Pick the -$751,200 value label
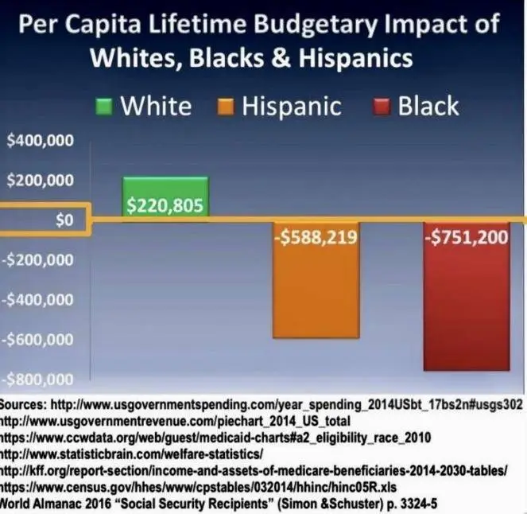point(466,238)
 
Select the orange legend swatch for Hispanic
point(226,107)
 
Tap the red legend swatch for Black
point(382,107)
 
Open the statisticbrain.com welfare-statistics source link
point(131,454)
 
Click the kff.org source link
point(254,470)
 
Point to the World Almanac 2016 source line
point(214,504)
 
